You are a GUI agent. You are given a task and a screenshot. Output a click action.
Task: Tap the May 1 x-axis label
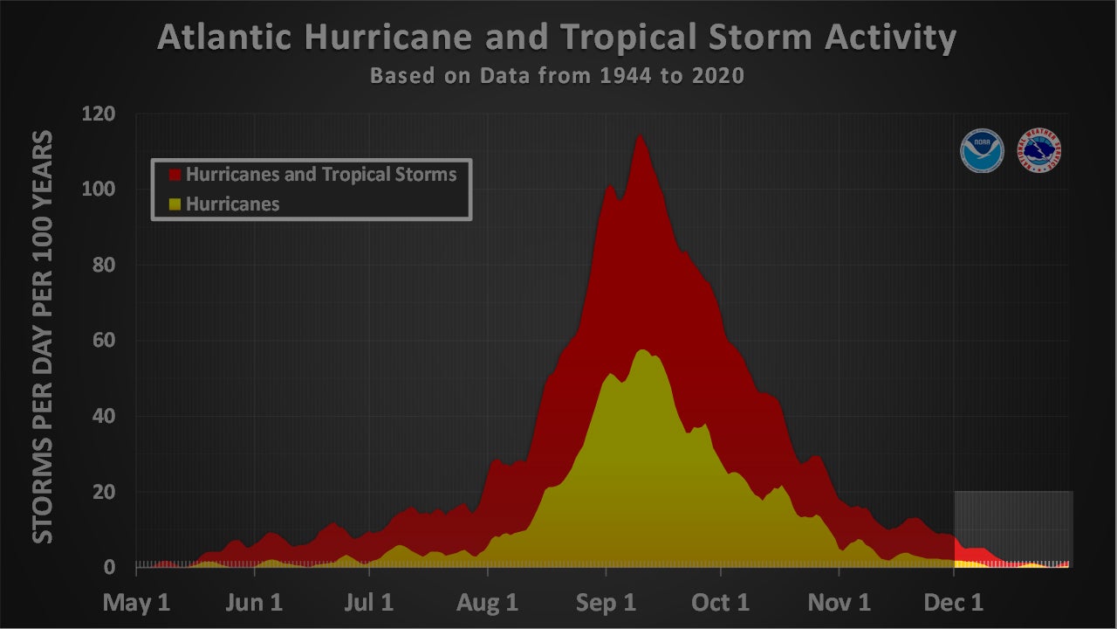pos(137,603)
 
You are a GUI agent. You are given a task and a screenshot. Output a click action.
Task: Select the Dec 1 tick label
pos(954,603)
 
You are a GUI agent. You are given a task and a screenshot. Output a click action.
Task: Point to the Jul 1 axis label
pos(370,603)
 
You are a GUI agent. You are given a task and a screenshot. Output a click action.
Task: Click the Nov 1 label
pos(839,603)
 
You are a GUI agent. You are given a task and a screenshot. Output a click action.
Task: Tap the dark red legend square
pos(175,175)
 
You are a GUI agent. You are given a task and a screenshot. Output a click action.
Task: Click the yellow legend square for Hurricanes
pos(175,204)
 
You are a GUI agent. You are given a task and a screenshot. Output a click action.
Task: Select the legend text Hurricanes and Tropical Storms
pos(321,175)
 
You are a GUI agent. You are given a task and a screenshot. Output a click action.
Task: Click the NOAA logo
pos(982,151)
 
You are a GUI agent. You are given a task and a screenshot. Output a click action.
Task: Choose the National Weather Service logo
pos(1040,151)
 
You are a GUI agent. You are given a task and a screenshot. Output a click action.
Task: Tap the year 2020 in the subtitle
pos(715,76)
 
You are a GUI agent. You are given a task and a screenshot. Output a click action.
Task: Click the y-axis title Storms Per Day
pos(43,336)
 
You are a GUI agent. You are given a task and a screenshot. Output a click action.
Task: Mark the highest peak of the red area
pos(640,136)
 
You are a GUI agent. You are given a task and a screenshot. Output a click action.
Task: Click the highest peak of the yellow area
pos(642,350)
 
